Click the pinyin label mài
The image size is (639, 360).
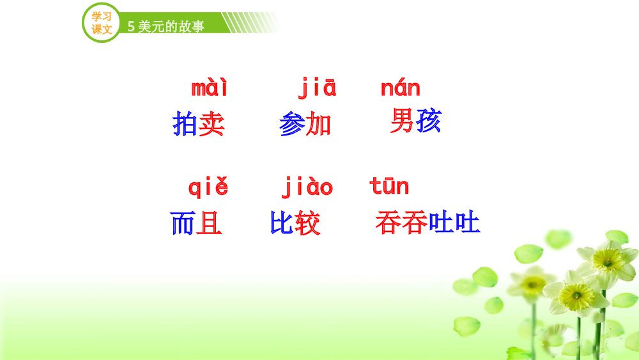point(210,88)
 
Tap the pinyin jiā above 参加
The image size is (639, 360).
point(317,88)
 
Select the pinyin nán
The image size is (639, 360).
point(401,88)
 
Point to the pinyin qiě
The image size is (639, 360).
point(208,188)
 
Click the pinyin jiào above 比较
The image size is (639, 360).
point(307,188)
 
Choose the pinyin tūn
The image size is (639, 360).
point(389,187)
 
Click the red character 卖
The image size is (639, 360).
point(212,124)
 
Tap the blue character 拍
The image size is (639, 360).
point(185,124)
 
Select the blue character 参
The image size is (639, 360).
point(292,124)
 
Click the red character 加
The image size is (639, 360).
point(318,124)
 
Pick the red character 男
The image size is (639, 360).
point(402,121)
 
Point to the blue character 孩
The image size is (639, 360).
point(428,121)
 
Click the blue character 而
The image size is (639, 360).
point(183,224)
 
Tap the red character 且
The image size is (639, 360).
point(209,224)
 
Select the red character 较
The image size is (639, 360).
point(307,224)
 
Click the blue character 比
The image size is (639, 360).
point(282,224)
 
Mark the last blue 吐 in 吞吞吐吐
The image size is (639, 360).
point(466,224)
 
